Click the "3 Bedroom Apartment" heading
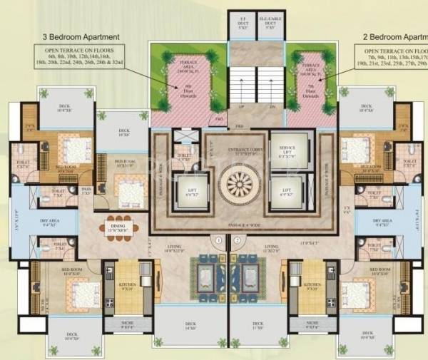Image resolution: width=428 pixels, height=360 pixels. click(x=81, y=36)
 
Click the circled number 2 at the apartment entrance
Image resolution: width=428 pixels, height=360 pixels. click(x=238, y=241)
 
